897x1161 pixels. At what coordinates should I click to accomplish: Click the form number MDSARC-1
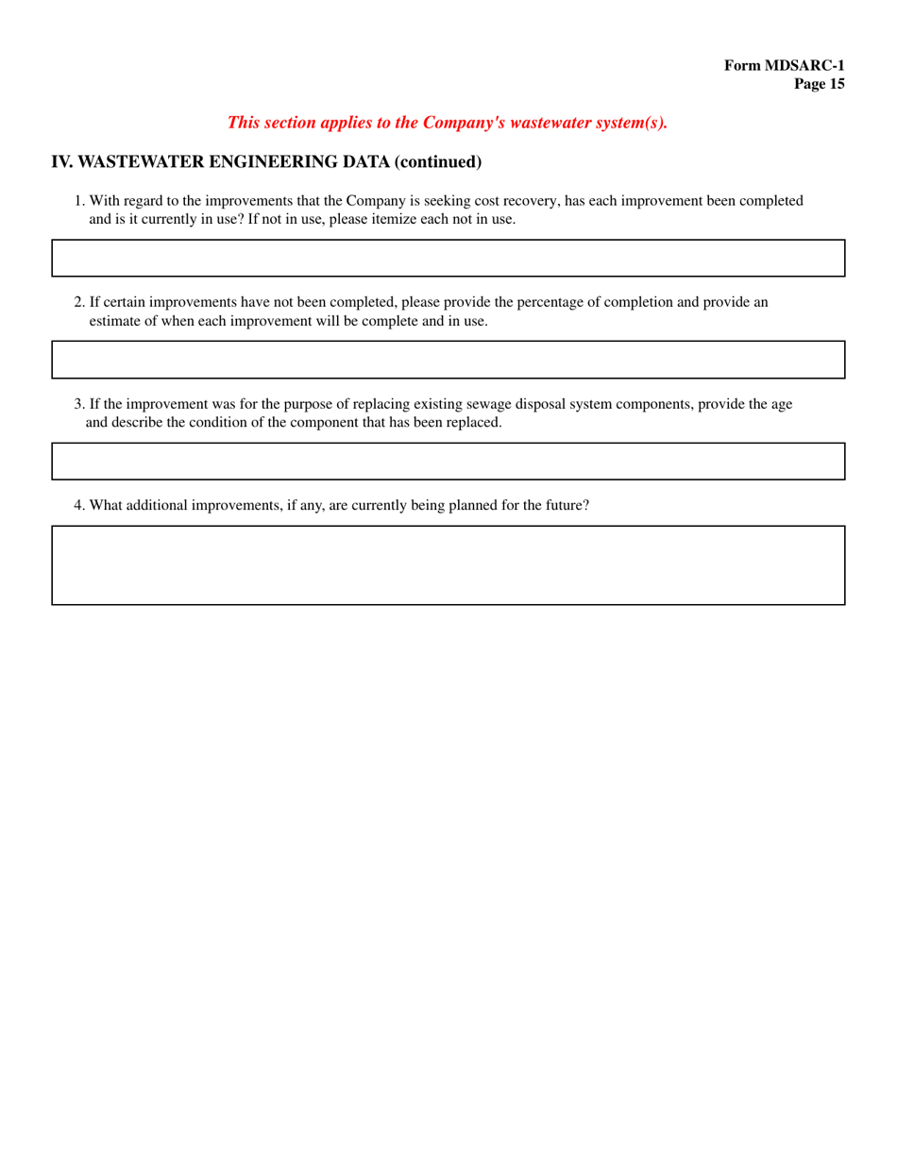(784, 65)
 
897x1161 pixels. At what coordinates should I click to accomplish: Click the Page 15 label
(819, 84)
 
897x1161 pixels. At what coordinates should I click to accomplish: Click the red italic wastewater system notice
(448, 122)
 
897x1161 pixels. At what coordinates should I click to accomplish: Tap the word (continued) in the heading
(437, 161)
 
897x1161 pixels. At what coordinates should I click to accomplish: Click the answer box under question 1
(448, 258)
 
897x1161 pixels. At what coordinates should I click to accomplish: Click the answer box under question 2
(448, 360)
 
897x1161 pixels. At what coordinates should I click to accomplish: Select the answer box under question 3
(448, 462)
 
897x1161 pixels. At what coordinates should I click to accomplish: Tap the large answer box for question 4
(448, 564)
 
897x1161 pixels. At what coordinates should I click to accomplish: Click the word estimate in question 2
(115, 321)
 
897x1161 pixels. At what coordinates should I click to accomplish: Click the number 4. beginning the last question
(79, 505)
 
